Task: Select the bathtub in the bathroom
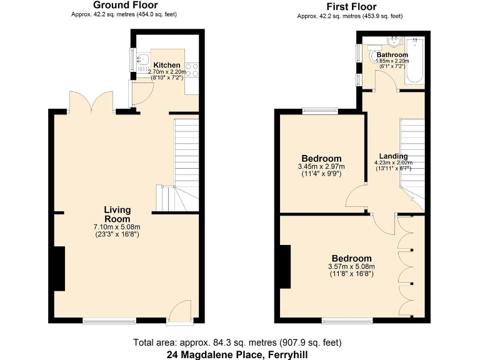[x=414, y=61]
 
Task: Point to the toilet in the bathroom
[x=377, y=57]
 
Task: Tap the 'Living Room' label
[x=117, y=214]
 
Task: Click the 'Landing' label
[x=394, y=156]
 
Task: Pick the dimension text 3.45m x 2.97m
[x=322, y=167]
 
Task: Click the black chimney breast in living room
[x=59, y=269]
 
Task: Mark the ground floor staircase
[x=185, y=162]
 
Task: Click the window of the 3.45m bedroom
[x=321, y=111]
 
